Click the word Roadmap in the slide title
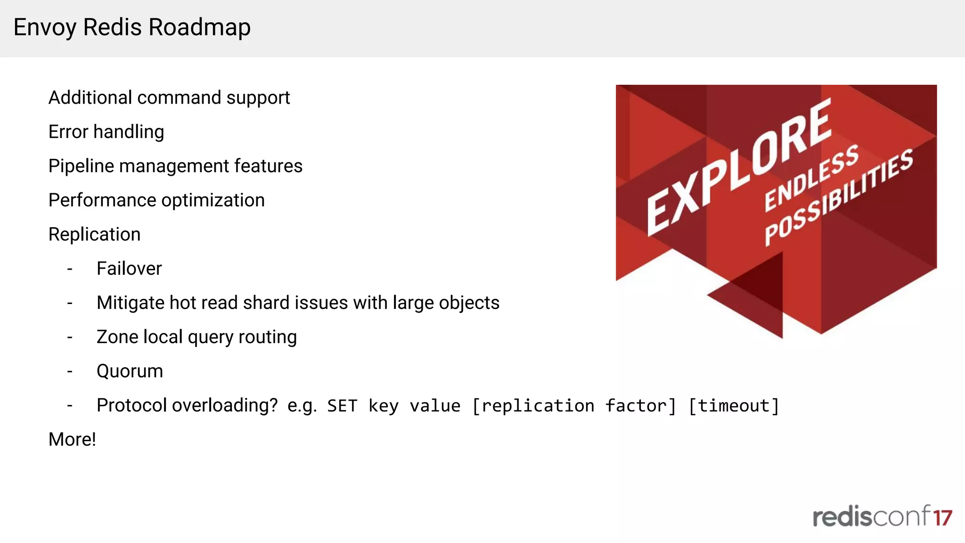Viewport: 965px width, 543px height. click(x=199, y=27)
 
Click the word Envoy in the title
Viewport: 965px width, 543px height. click(x=44, y=27)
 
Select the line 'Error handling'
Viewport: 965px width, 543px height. click(x=106, y=132)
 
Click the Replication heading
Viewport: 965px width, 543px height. click(x=94, y=234)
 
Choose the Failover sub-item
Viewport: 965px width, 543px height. click(x=129, y=269)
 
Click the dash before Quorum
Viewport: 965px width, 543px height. click(x=70, y=371)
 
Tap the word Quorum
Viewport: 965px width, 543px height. click(x=130, y=371)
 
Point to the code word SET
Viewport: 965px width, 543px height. click(x=342, y=406)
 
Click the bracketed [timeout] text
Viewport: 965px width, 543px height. click(x=733, y=406)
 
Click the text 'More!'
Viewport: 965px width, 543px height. click(x=72, y=439)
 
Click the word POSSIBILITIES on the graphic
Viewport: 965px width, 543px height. click(x=839, y=198)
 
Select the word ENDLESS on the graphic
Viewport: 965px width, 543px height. click(x=811, y=178)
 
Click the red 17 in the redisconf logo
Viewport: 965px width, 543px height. click(x=943, y=518)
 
